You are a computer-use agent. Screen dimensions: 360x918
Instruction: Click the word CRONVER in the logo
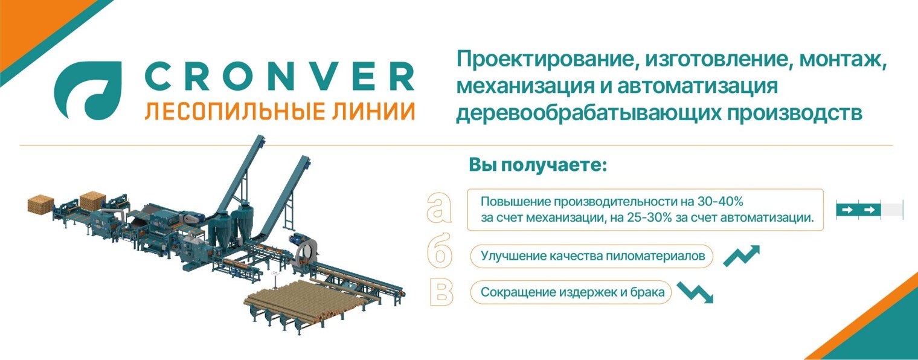(x=280, y=77)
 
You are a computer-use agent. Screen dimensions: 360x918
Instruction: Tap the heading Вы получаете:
(x=537, y=165)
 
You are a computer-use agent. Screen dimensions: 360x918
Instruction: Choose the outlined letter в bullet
(x=440, y=292)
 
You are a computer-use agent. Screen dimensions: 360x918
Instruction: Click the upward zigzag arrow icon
(x=741, y=256)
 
